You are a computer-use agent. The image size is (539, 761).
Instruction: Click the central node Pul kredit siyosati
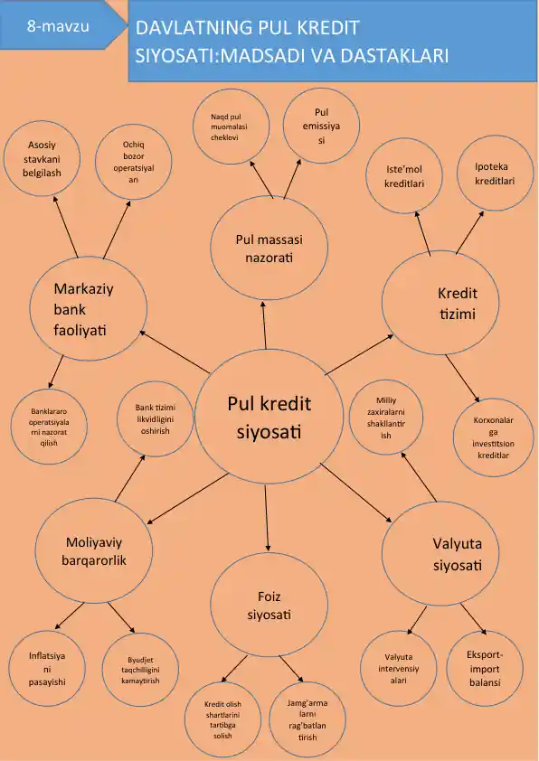(x=269, y=417)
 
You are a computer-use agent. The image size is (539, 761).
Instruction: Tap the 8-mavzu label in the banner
(x=58, y=25)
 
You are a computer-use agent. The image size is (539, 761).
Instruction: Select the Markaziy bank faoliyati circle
(x=89, y=309)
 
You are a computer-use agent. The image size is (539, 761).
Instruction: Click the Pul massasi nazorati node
(x=269, y=248)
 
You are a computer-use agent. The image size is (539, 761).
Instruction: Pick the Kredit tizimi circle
(x=440, y=303)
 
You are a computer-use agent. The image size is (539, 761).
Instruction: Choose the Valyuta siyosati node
(x=440, y=553)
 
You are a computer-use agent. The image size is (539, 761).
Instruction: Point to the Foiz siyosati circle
(x=269, y=605)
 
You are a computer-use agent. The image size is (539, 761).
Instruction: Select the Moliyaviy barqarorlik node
(x=94, y=550)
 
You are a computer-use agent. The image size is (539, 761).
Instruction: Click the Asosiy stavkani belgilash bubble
(x=42, y=159)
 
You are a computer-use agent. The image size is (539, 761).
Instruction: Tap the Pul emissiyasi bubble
(x=321, y=126)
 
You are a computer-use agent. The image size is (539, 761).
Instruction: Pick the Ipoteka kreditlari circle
(x=495, y=174)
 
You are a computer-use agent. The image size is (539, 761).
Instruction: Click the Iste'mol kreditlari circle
(x=404, y=175)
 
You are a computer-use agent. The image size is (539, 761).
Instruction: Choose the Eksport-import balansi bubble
(x=485, y=668)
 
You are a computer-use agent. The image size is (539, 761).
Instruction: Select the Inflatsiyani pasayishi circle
(x=47, y=668)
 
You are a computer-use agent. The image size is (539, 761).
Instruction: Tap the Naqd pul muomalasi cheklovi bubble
(x=232, y=127)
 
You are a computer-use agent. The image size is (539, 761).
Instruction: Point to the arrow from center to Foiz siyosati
(x=267, y=518)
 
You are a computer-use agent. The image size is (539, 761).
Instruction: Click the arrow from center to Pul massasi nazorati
(x=264, y=324)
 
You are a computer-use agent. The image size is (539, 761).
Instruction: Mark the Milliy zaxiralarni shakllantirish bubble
(x=386, y=418)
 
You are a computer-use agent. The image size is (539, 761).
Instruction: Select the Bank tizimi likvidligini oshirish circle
(x=155, y=418)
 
